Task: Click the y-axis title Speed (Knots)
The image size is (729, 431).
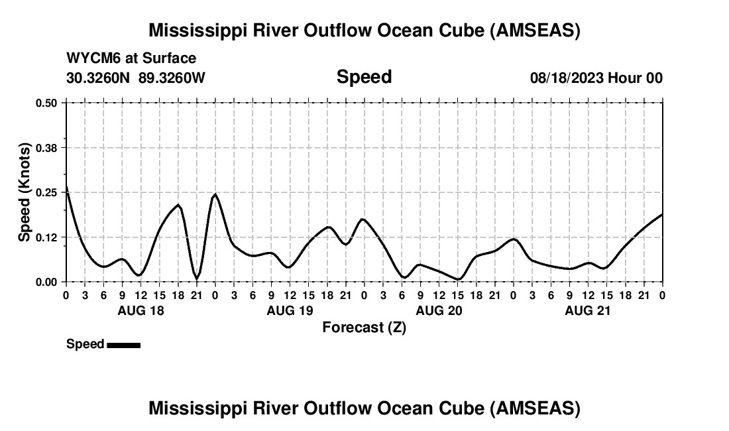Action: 24,192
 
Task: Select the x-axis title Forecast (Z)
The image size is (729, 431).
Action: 364,327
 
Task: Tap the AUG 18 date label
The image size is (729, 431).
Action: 140,310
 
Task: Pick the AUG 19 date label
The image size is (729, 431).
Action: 290,310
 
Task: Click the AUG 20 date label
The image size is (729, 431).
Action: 439,310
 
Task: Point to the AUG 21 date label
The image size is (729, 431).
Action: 588,310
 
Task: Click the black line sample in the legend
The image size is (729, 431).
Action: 123,345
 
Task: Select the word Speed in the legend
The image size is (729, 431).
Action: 85,344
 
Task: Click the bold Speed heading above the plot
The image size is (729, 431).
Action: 364,77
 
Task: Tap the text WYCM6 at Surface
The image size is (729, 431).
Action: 131,59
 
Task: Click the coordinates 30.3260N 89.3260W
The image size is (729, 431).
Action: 136,78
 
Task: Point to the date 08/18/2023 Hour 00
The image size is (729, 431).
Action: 596,78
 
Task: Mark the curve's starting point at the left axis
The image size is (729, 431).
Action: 66,187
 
